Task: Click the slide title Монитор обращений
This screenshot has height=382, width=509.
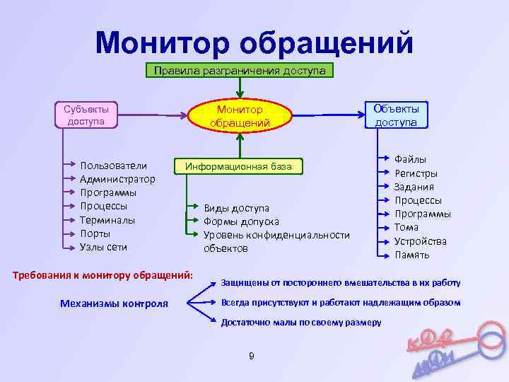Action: point(254,42)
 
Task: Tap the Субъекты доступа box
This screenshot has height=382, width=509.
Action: point(86,115)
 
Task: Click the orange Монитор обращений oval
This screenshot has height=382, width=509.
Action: point(240,117)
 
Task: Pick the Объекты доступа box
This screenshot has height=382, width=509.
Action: point(396,115)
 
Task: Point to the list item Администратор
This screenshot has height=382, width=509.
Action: point(117,179)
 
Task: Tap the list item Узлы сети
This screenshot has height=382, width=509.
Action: point(104,247)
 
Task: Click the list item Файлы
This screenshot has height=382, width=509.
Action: point(410,159)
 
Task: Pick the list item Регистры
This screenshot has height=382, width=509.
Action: point(416,173)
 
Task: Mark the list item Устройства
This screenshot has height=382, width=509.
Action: point(421,241)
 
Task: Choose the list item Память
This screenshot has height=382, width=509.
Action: point(411,255)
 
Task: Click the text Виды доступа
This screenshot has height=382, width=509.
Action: point(236,208)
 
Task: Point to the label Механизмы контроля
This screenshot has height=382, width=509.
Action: point(115,303)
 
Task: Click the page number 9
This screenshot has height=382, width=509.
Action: point(252,355)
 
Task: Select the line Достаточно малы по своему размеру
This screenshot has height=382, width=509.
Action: point(301,322)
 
